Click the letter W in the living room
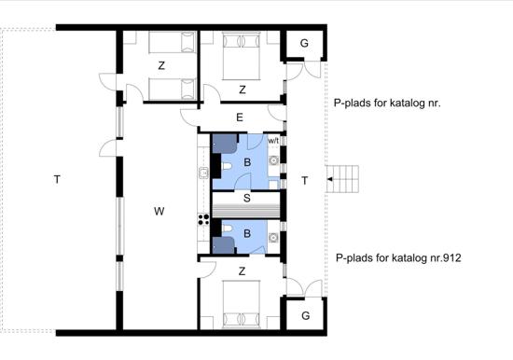coord(159,212)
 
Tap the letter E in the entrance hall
coord(240,118)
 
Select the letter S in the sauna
coord(247,198)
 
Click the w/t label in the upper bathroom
coord(273,141)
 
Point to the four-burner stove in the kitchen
coord(203,219)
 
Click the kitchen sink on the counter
coord(203,173)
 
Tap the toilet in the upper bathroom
coord(227,166)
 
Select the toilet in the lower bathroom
coord(227,229)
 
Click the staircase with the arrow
coord(342,179)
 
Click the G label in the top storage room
coord(304,43)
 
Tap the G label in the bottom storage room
coord(306,315)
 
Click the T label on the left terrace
coord(57,179)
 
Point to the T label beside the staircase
coord(305,181)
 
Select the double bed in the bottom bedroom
coord(242,304)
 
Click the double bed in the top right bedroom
coord(242,56)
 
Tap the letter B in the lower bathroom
coord(247,234)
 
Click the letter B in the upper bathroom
coord(247,162)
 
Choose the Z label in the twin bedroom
coord(161,66)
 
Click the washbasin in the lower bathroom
coord(273,237)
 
